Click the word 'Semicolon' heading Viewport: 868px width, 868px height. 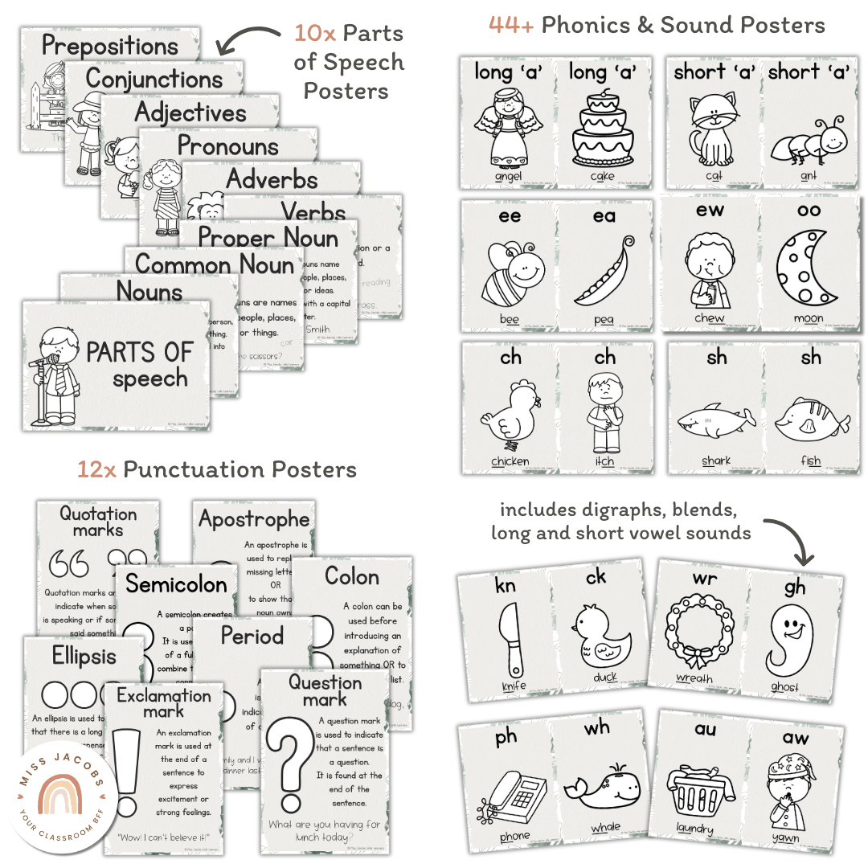point(176,584)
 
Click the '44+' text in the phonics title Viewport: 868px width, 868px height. point(511,26)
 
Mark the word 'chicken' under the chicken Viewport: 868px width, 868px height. point(510,461)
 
